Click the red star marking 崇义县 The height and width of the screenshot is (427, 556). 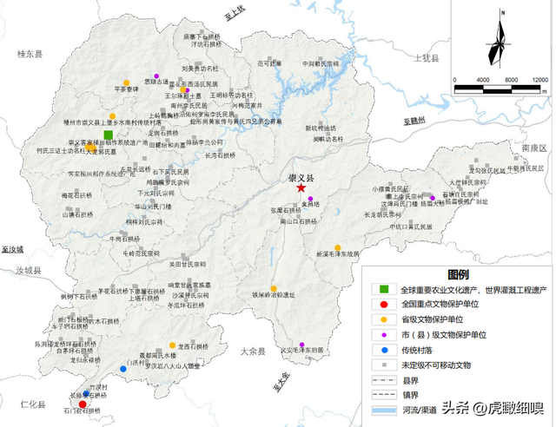(x=301, y=187)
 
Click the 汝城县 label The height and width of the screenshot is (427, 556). (x=27, y=271)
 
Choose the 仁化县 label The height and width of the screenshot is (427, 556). (x=31, y=404)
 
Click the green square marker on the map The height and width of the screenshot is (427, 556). (x=108, y=135)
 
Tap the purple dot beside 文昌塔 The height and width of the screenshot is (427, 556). (x=310, y=200)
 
